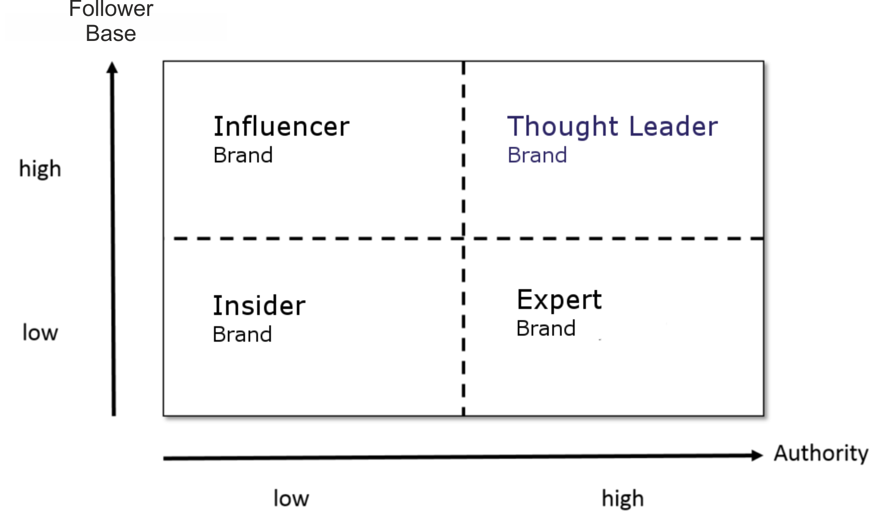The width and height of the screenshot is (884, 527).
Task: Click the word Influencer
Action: coord(281,127)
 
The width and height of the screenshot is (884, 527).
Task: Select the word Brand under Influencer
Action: coord(243,156)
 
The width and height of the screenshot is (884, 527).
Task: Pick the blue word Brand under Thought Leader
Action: coord(537,156)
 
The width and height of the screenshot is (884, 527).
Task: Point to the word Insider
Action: coord(259,306)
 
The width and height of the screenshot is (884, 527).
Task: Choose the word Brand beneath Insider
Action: coord(242,335)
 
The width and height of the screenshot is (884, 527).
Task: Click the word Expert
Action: coord(559,300)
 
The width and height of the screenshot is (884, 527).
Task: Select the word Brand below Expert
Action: coord(546,329)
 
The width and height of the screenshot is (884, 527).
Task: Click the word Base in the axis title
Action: coord(111,34)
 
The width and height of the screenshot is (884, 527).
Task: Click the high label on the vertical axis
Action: coord(40,169)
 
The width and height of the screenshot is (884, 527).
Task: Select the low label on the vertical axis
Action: coord(40,333)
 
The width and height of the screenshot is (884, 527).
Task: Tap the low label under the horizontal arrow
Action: coord(292,499)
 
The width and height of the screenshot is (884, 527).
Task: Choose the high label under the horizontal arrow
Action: coord(623,499)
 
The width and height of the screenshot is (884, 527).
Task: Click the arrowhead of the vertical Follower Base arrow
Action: coord(112,67)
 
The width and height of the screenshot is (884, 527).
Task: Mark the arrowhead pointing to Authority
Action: coord(757,455)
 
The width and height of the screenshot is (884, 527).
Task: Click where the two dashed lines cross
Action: coord(464,238)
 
